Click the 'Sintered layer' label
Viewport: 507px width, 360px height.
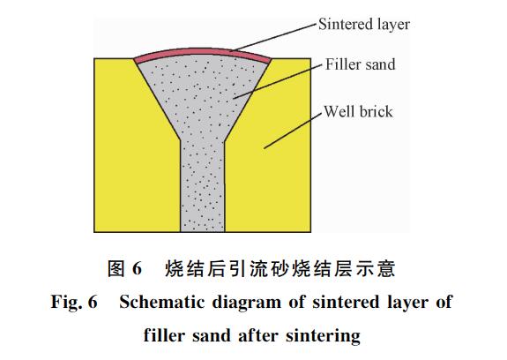[364, 25]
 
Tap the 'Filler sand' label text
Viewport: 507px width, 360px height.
[361, 64]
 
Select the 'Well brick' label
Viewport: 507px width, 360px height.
[358, 111]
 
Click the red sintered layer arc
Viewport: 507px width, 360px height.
[202, 53]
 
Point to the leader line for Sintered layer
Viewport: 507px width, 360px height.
[274, 37]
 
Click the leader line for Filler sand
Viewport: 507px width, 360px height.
[278, 81]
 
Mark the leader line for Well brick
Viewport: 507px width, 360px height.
[293, 131]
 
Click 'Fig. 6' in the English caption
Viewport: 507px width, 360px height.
[74, 303]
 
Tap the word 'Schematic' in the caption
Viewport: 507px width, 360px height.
[162, 303]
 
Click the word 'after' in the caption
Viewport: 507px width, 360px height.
[258, 335]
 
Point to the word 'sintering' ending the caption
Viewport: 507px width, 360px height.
[323, 336]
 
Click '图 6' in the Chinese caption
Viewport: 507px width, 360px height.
[124, 268]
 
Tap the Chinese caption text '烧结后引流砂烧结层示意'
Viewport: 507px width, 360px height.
[280, 268]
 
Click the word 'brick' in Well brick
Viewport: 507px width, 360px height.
[376, 111]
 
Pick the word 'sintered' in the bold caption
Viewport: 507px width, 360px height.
[346, 303]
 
